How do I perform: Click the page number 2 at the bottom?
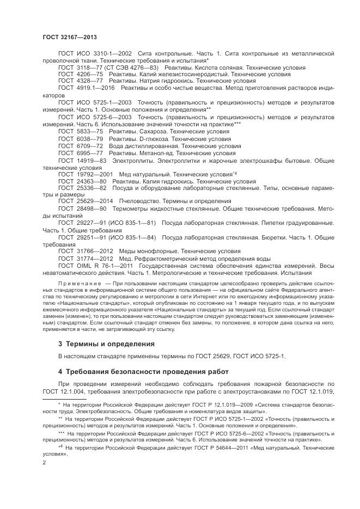[44, 462]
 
